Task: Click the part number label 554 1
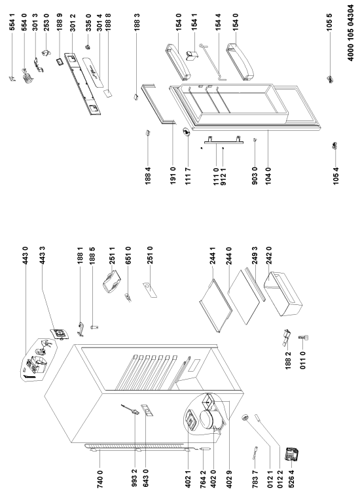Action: [x=12, y=22]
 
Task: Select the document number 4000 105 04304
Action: [x=350, y=33]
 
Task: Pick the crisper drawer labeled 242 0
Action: [x=283, y=294]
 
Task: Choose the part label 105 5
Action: [x=329, y=22]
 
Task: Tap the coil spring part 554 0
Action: [x=27, y=76]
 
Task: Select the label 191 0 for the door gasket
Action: [x=173, y=175]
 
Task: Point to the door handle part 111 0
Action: [x=224, y=141]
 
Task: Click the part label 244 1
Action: [x=213, y=256]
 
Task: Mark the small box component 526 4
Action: [x=293, y=454]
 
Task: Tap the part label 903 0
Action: [x=255, y=175]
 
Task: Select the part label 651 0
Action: [x=128, y=256]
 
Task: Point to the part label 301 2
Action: [x=73, y=22]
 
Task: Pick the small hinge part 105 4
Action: [x=334, y=146]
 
